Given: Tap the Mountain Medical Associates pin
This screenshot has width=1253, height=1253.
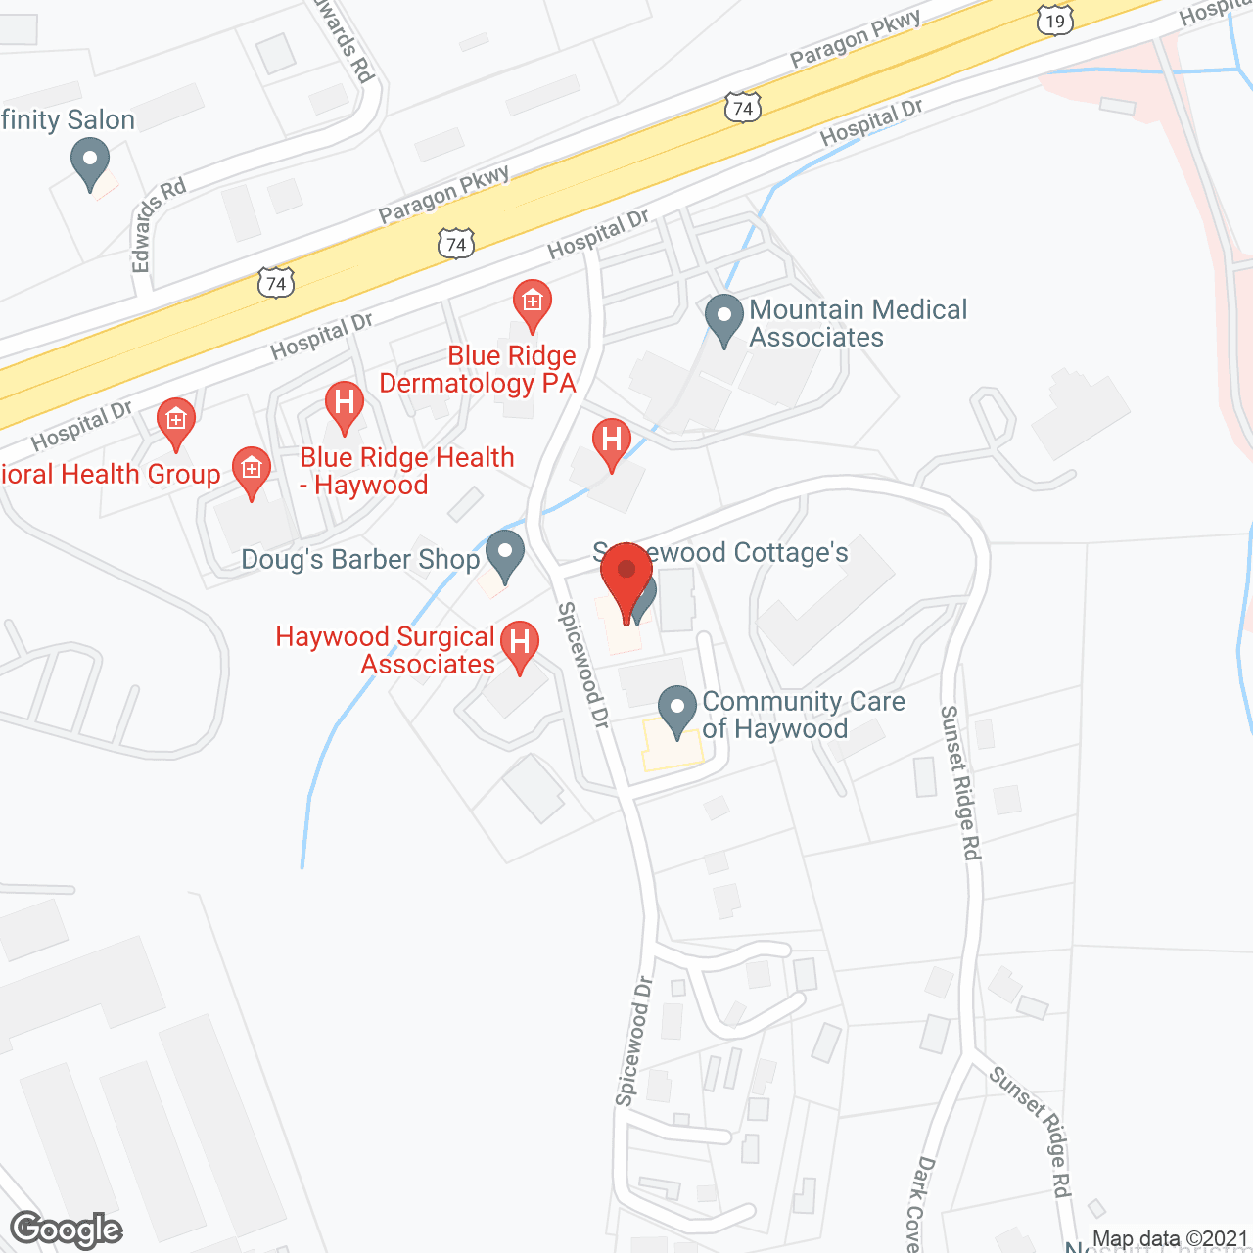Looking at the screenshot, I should click(x=724, y=319).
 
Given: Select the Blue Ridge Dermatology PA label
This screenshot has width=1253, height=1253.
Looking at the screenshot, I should click(x=479, y=369).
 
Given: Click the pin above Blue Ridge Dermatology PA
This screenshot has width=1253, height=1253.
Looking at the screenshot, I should click(x=532, y=305).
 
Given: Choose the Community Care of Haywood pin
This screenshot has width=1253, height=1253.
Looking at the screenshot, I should click(x=676, y=711).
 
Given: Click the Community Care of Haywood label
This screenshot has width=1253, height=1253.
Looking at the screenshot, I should click(x=804, y=715).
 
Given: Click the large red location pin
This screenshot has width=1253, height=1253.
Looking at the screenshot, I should click(x=626, y=578).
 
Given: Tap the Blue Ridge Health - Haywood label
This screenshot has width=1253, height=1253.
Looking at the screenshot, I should click(x=407, y=471).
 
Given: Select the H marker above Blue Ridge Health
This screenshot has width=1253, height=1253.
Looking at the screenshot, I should click(x=344, y=405).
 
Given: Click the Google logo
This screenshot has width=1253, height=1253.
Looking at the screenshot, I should click(x=67, y=1230).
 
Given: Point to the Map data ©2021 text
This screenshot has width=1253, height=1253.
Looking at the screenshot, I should click(x=1170, y=1239).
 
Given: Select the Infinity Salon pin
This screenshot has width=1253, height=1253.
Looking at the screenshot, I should click(x=90, y=162).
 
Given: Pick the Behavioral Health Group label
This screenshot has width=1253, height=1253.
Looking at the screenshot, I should click(x=111, y=475).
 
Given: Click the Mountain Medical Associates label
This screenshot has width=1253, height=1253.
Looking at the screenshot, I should click(x=859, y=323).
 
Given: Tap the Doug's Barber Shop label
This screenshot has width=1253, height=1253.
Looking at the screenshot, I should click(x=360, y=559).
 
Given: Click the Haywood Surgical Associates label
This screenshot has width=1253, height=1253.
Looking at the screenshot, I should click(x=386, y=650).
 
